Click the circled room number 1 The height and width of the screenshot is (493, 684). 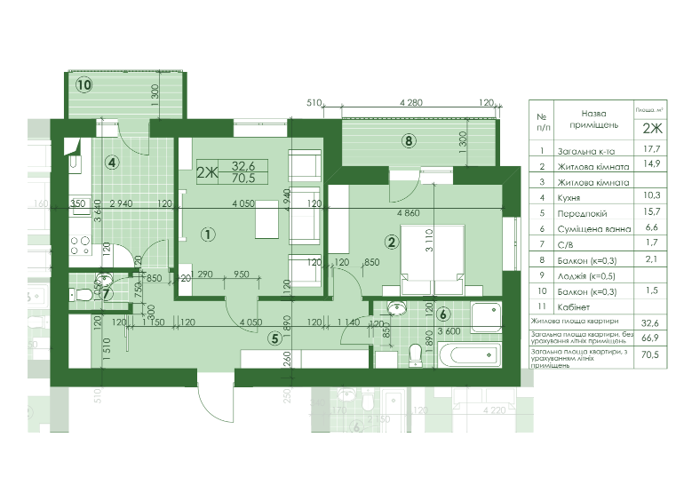206,235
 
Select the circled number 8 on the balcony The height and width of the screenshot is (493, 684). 408,139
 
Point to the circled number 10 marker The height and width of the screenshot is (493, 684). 84,85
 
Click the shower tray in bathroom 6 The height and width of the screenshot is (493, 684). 486,317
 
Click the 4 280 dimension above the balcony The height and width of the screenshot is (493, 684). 410,103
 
